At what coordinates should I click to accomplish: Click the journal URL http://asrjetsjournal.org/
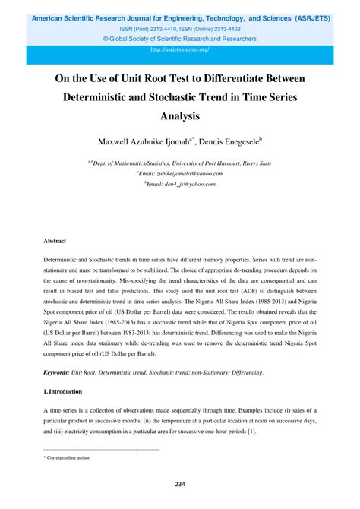click(180, 49)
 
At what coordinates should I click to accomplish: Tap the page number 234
click(180, 484)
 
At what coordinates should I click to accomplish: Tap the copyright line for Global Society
click(180, 38)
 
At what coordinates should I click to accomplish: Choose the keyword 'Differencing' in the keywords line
click(245, 372)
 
